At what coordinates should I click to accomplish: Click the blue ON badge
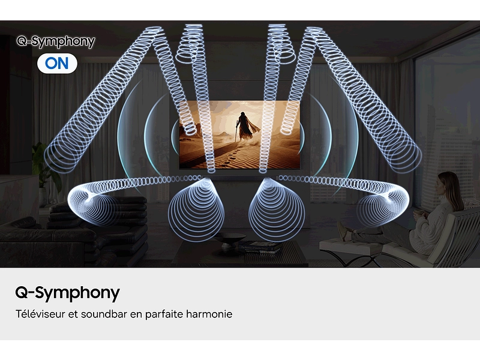(57, 63)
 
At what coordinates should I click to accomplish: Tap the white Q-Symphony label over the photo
(56, 41)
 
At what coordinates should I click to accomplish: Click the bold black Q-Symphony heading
(67, 293)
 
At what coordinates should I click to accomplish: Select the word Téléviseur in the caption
(40, 314)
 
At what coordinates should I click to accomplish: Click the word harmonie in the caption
(209, 314)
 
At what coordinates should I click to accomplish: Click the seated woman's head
(449, 182)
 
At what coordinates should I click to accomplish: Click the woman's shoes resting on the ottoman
(343, 231)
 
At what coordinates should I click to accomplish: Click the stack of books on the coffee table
(259, 245)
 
